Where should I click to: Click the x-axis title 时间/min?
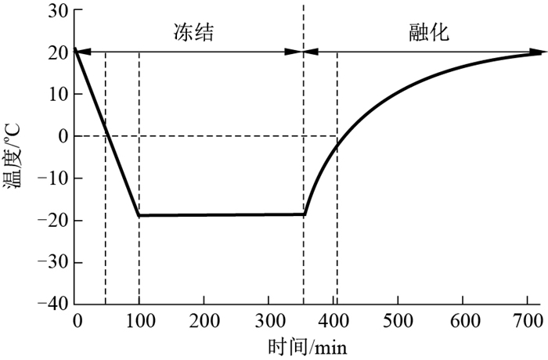tap(308, 345)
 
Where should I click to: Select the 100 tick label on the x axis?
tap(139, 320)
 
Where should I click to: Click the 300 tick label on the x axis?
tap(269, 320)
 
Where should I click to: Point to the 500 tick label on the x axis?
tap(398, 320)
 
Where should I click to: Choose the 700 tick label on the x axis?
tap(527, 320)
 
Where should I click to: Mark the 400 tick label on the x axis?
tap(333, 320)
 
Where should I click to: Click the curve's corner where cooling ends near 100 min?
tap(139, 214)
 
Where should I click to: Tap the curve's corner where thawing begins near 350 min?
tap(304, 214)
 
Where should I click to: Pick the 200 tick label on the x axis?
tap(204, 320)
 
